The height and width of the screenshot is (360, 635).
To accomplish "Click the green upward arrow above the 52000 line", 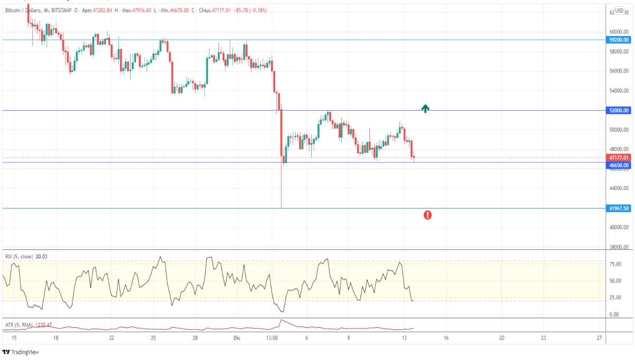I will click(x=425, y=109).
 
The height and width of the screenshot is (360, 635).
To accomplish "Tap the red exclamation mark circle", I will click(x=428, y=215).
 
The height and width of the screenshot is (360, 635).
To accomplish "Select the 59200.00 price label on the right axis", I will click(x=619, y=40).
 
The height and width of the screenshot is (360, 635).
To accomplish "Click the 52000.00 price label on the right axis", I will click(x=619, y=111).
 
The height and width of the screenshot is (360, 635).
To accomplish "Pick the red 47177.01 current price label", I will click(x=619, y=158).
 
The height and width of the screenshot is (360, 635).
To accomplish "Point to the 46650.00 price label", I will click(x=619, y=165).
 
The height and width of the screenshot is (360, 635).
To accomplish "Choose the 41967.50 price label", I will click(x=619, y=209).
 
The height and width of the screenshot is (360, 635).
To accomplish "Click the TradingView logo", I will click(x=21, y=352).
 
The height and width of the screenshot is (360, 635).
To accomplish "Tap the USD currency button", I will click(x=620, y=11).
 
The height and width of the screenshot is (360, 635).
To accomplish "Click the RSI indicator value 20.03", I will click(x=42, y=256).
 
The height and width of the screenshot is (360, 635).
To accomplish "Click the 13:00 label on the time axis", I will click(x=272, y=337).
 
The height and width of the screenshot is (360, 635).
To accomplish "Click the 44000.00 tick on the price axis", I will click(x=618, y=188).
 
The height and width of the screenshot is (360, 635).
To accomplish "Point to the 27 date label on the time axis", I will click(x=599, y=337).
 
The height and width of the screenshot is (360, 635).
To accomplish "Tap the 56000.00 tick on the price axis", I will click(x=618, y=71).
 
